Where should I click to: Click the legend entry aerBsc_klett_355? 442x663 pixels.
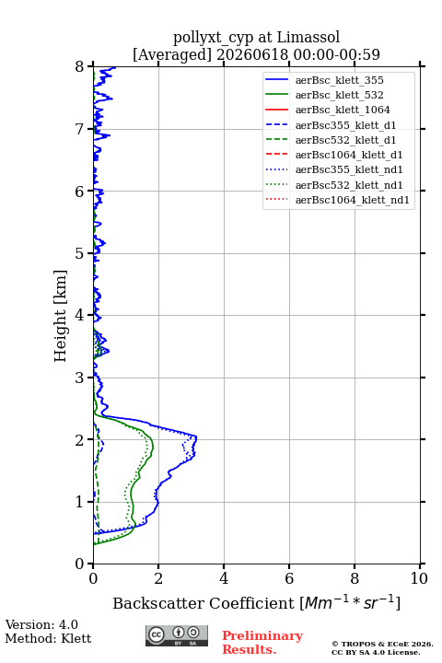coord(339,80)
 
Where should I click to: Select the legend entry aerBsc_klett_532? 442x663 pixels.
coord(339,95)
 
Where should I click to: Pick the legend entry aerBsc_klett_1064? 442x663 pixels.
coord(343,110)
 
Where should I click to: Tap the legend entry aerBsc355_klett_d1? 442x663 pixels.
coord(345,125)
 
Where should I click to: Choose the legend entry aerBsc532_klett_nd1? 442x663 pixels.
coord(349,185)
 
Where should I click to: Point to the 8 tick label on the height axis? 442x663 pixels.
coord(79,67)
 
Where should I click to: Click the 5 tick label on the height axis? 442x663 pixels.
coord(79,253)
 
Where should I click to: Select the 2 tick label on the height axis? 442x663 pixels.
coord(79,440)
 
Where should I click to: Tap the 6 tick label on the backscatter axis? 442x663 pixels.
coord(289,578)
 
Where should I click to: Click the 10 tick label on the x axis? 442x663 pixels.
coord(419,578)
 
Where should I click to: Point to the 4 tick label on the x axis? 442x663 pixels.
coord(224,578)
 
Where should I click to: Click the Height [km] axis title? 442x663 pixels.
coord(61,316)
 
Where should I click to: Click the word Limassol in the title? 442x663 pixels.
coord(308,38)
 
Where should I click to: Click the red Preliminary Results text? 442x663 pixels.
coord(262,642)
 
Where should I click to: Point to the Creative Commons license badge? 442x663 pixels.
coord(177,635)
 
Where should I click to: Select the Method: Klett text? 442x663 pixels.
coord(48,638)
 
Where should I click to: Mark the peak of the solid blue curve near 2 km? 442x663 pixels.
coord(197,436)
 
